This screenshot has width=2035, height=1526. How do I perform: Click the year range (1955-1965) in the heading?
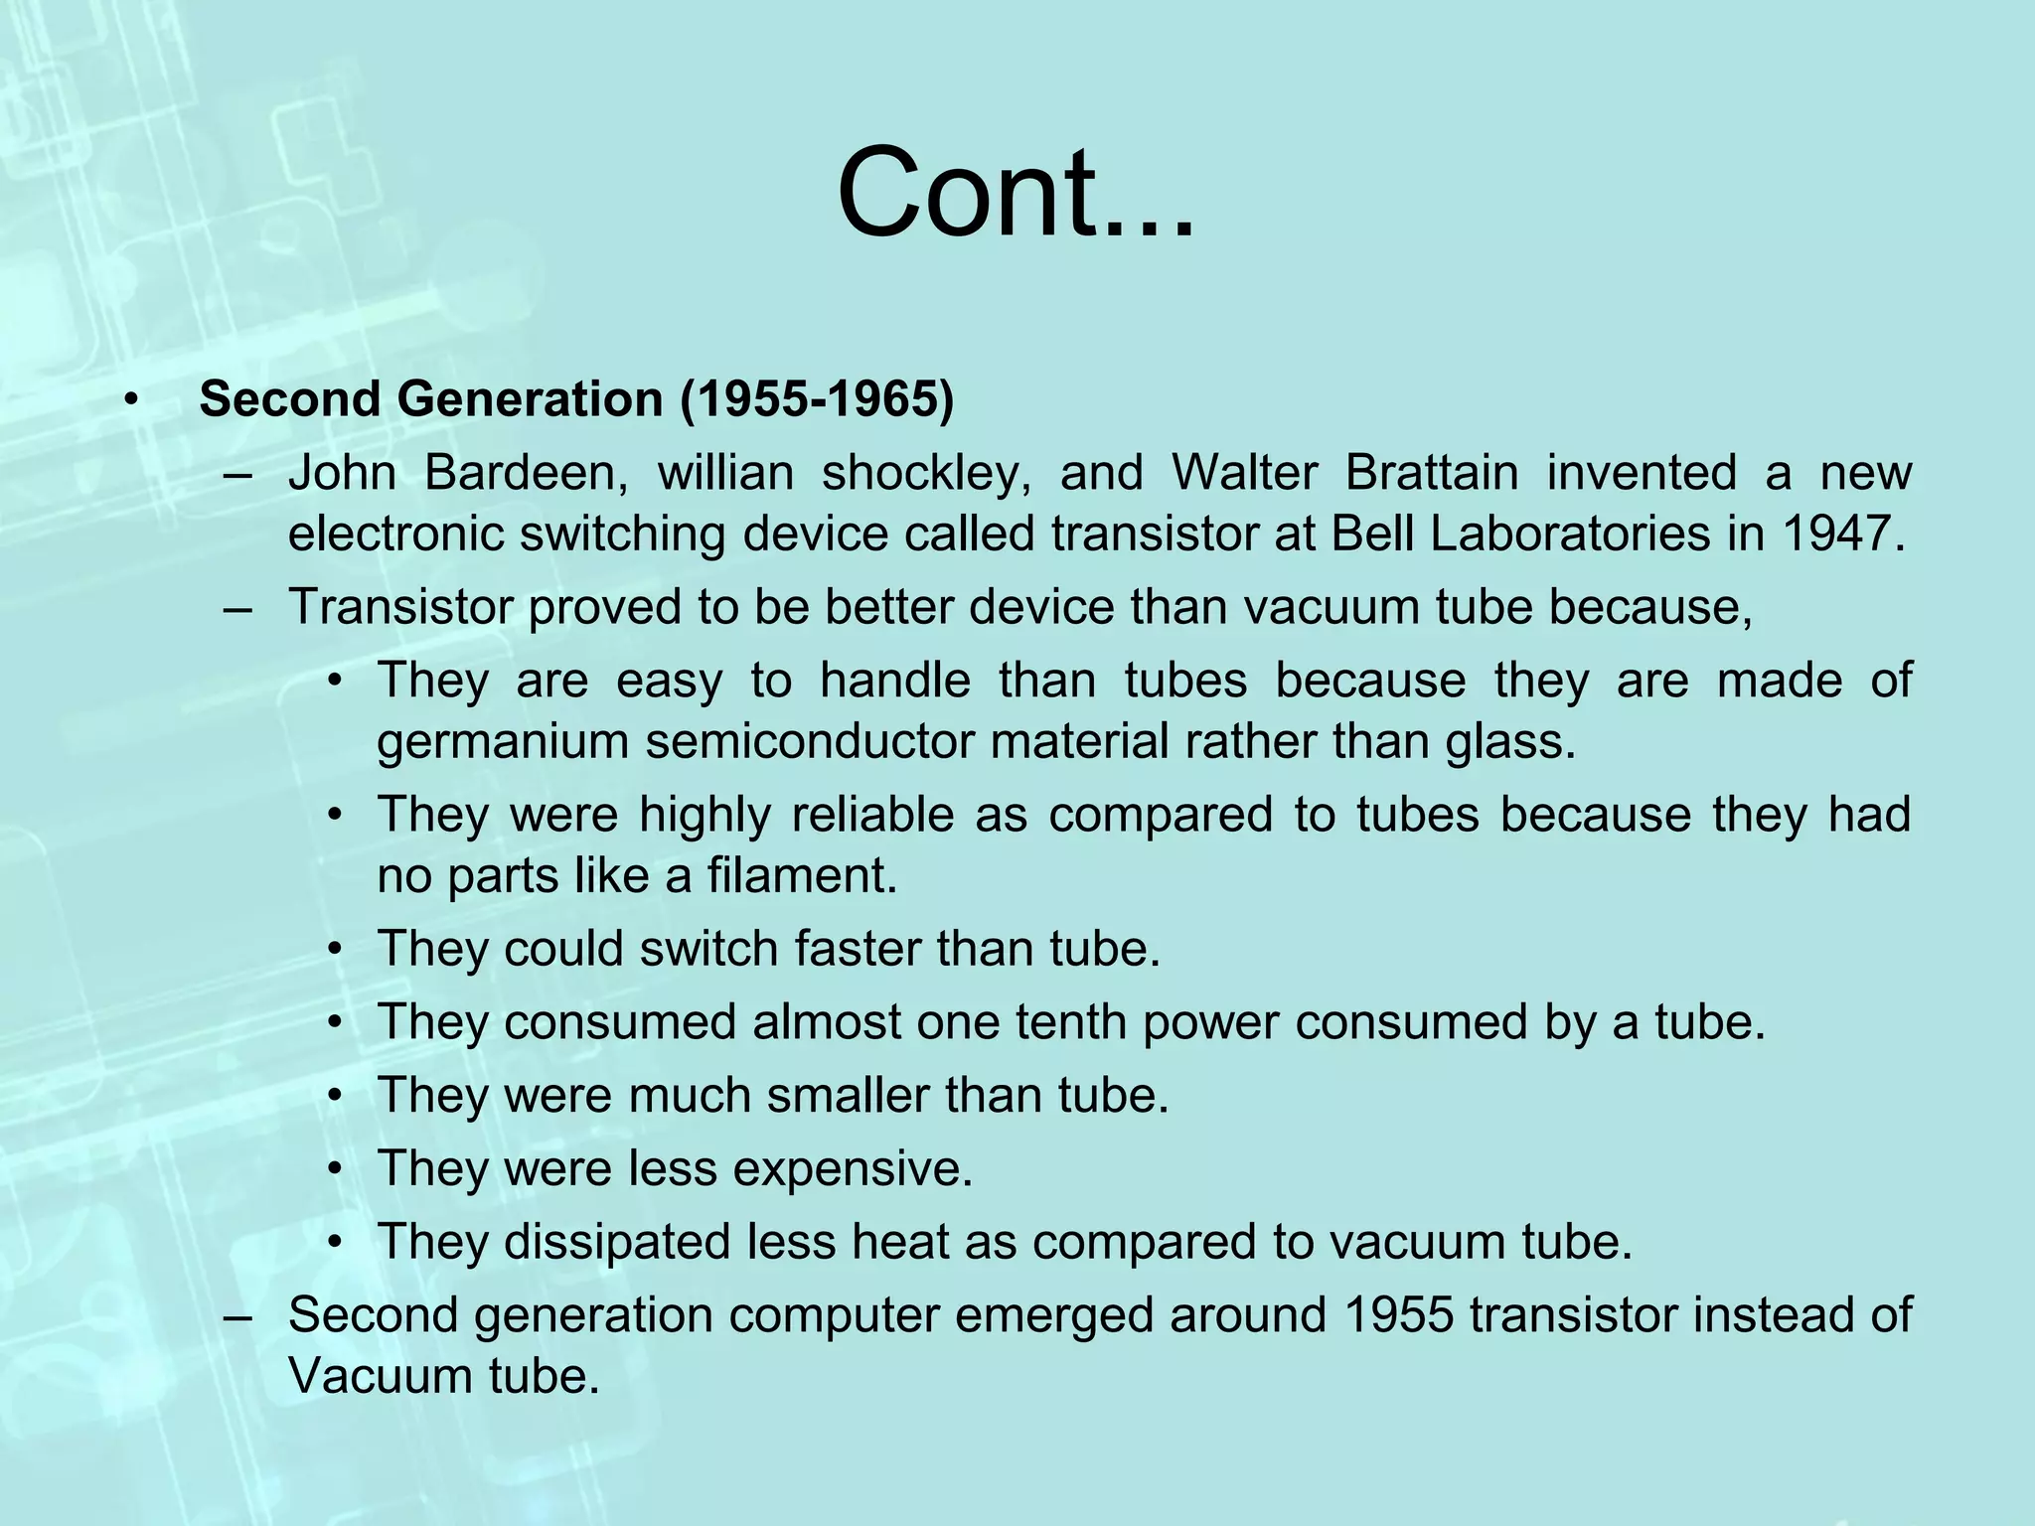[x=817, y=399]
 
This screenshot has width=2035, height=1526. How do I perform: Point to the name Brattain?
[x=1431, y=473]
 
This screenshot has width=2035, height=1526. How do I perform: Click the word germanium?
[x=503, y=742]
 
